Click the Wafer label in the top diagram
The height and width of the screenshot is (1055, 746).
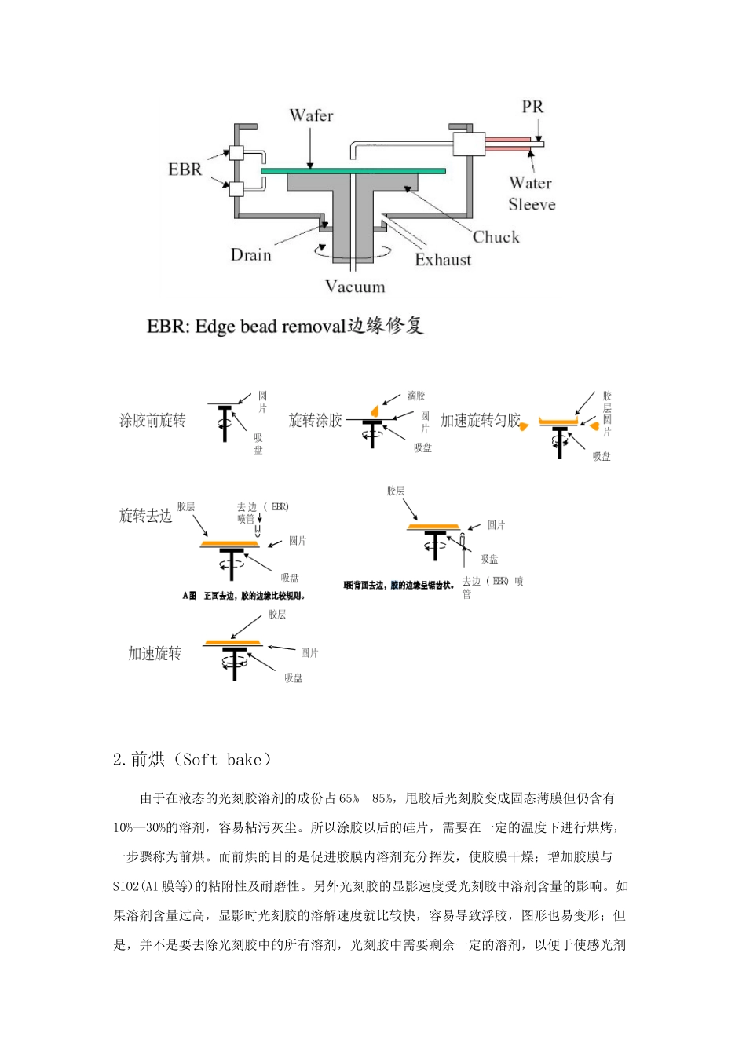click(311, 115)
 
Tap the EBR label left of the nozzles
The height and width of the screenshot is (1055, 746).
click(185, 169)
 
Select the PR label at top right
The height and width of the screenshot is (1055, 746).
click(532, 107)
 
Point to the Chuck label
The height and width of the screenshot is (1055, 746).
click(496, 236)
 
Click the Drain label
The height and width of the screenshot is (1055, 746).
click(250, 254)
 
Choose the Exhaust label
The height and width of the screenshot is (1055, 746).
click(443, 259)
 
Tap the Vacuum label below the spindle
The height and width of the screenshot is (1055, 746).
click(355, 287)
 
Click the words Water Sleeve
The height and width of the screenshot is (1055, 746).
click(531, 193)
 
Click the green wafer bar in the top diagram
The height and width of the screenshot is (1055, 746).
click(353, 170)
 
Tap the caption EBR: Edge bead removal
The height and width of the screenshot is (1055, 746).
click(285, 326)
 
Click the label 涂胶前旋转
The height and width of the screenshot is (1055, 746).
click(152, 421)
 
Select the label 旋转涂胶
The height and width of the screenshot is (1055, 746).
click(316, 421)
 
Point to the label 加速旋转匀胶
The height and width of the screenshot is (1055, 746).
click(480, 421)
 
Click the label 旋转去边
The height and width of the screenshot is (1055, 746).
click(145, 516)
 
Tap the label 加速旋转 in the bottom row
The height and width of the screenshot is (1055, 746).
click(155, 653)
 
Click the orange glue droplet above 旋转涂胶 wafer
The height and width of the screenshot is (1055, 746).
click(375, 411)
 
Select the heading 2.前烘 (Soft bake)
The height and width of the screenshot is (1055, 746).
click(193, 759)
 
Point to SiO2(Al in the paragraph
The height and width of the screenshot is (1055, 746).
click(137, 886)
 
